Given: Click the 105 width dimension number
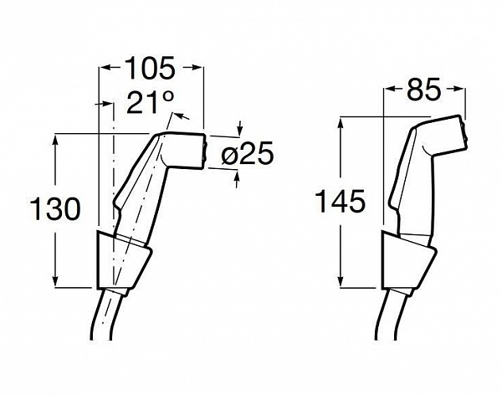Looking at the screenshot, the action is coord(150,68).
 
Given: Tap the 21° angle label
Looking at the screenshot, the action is coord(151,102).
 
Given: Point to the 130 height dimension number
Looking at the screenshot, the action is coord(55,208).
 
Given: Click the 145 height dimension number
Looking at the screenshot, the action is coord(340,201).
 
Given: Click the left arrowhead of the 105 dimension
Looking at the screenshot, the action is coord(105,67).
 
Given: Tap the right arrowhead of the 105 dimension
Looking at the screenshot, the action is coord(197,67).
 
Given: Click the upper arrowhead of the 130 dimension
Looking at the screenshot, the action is coord(56,141).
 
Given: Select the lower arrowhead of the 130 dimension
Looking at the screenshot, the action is coord(56,279).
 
